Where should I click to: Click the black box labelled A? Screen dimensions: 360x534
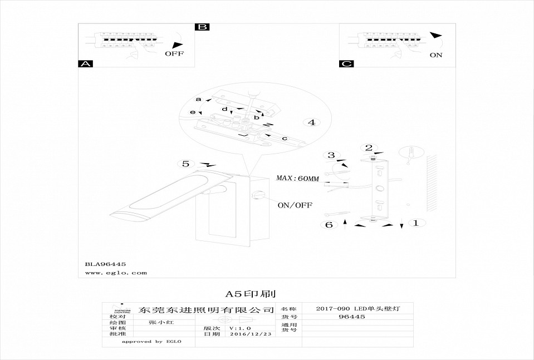coord(85,64)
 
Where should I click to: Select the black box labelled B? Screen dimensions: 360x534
coord(202,27)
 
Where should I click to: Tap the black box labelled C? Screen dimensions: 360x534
coord(346,64)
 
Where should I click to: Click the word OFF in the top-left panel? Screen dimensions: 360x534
coord(174,54)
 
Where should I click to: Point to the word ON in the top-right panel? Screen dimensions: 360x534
coord(436,55)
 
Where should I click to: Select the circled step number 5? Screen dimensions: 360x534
coord(185,164)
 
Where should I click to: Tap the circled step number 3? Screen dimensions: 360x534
coord(331,155)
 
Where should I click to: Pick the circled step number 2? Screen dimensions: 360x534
coord(368,147)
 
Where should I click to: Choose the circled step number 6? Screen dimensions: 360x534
coord(329,225)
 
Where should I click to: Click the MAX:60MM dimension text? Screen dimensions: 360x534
coord(298,179)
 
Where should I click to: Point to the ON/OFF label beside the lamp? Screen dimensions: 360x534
coord(295,205)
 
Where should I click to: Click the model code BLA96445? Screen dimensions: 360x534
coord(105,264)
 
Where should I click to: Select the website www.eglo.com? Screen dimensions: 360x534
coord(116,273)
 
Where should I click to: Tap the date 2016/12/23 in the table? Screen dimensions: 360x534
coord(250,334)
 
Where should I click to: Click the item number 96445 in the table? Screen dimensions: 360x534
coord(352,317)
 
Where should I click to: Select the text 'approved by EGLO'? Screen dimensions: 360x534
coord(152,342)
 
